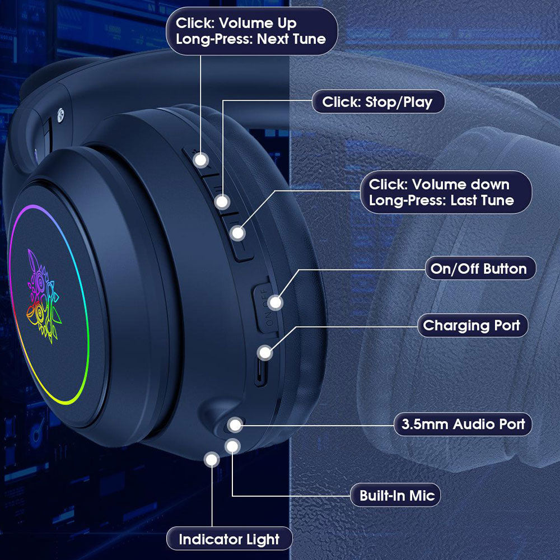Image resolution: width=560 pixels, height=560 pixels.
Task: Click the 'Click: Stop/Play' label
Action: point(378,102)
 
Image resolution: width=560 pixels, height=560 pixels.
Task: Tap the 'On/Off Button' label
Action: point(480,268)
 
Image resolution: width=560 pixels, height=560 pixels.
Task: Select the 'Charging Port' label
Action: point(472,325)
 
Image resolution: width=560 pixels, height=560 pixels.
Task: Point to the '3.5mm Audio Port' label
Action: point(463,424)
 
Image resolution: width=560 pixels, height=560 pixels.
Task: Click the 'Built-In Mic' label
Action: point(395,496)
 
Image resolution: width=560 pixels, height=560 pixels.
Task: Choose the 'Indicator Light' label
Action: point(229,539)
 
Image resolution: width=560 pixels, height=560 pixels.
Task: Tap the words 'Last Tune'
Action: point(482,200)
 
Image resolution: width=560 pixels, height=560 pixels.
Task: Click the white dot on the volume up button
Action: point(200,160)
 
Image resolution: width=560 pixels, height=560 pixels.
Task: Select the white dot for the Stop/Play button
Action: point(222,202)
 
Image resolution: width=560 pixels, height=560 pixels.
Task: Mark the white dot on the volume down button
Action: point(238,233)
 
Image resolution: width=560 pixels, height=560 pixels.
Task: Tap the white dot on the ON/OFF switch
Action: point(276,303)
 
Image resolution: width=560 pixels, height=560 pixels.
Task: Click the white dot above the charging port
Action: point(265,353)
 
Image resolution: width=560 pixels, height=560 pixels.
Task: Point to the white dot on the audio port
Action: point(235,425)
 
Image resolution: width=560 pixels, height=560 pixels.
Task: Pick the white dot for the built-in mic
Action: point(232,446)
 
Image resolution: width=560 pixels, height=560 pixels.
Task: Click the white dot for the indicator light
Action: point(212,460)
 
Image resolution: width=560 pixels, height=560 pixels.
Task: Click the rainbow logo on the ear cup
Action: point(44,296)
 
